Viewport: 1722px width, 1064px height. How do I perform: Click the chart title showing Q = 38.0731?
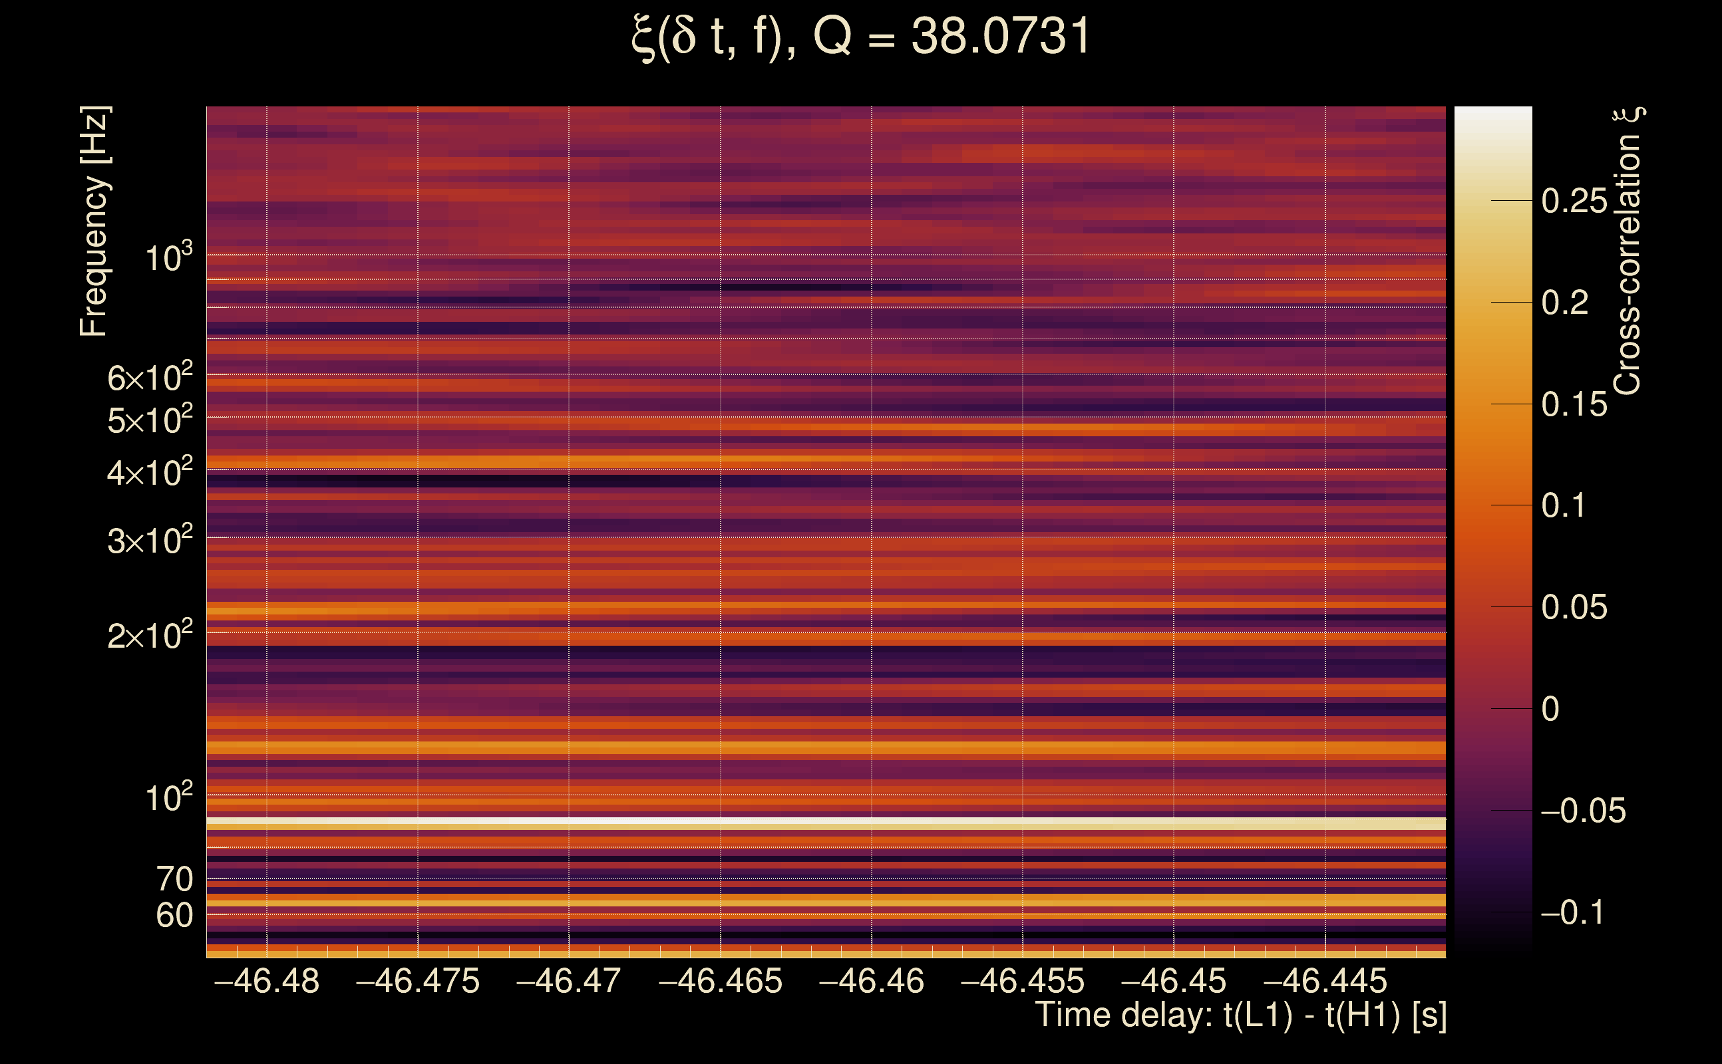[x=860, y=37]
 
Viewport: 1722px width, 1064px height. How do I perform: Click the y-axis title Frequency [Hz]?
[x=94, y=221]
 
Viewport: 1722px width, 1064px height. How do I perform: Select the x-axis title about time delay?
[x=1240, y=1015]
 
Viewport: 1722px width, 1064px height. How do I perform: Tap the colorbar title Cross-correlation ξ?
[x=1628, y=251]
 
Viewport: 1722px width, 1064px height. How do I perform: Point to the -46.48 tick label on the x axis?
[x=266, y=981]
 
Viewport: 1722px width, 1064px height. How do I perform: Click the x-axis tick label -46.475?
[x=417, y=981]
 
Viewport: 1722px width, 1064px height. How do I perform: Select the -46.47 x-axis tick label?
[x=568, y=981]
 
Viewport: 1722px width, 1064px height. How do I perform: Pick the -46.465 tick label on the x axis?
[x=719, y=981]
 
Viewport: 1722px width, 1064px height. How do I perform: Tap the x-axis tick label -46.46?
[x=871, y=981]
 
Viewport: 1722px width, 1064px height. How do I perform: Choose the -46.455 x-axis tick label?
[x=1022, y=981]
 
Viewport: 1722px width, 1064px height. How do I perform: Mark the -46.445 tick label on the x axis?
[x=1325, y=981]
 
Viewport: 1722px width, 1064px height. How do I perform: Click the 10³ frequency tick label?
[x=169, y=256]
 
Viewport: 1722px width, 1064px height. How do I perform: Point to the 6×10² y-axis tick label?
[x=150, y=376]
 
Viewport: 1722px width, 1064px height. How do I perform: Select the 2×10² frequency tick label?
[x=150, y=634]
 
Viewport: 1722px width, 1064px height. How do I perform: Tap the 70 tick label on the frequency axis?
[x=174, y=879]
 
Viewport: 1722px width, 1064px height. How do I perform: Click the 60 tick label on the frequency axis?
[x=174, y=916]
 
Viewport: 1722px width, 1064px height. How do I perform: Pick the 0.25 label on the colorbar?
[x=1574, y=201]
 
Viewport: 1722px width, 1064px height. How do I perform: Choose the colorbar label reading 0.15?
[x=1574, y=404]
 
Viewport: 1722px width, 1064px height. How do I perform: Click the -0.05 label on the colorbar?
[x=1583, y=811]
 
